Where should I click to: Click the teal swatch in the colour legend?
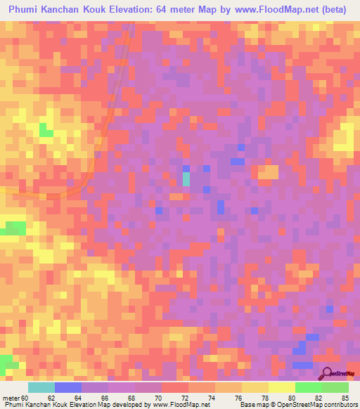coord(41,387)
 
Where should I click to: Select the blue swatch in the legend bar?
coord(68,387)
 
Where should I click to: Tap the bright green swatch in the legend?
coord(308,387)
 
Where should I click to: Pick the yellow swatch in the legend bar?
coord(281,387)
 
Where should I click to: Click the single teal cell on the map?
coord(186,179)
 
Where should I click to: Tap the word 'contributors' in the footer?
coord(337,405)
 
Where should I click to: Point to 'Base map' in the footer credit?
coord(252,405)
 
